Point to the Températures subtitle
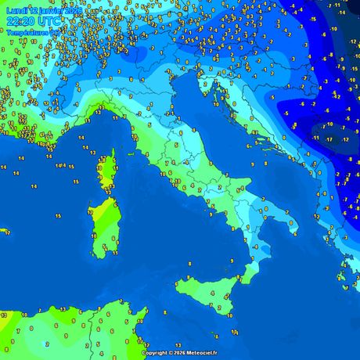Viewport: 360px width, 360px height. (x=29, y=33)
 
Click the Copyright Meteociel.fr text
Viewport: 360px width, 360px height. (x=180, y=353)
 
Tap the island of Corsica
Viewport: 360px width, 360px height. (x=106, y=168)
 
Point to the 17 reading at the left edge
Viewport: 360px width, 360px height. (x=6, y=232)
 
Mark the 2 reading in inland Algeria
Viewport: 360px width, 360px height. (x=48, y=343)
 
